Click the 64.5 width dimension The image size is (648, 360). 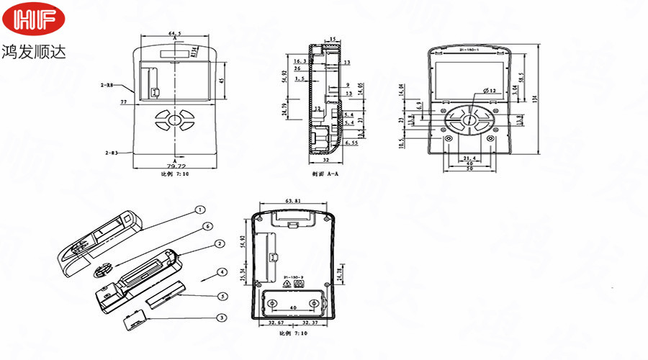(x=175, y=33)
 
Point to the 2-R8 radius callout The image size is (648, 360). (x=107, y=85)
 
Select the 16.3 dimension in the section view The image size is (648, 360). (x=300, y=62)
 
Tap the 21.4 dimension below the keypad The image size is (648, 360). (x=469, y=158)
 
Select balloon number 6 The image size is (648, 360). (x=207, y=226)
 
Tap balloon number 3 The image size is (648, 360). (x=222, y=318)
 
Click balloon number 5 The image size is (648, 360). (x=222, y=296)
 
